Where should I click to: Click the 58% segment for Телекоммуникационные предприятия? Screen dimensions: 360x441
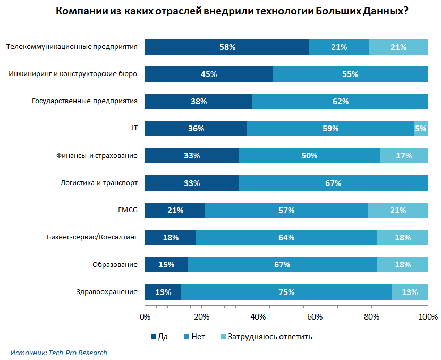(227, 47)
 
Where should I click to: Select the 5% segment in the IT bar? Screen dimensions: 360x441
(421, 128)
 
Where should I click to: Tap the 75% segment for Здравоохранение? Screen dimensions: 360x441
(286, 292)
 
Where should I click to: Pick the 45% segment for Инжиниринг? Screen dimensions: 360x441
(208, 74)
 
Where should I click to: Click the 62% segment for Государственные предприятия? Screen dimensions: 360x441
(340, 102)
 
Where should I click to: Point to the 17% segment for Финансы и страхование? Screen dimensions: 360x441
(404, 156)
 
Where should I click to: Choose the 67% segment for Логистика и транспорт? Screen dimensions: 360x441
(333, 183)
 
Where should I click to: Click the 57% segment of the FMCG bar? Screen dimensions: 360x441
(286, 211)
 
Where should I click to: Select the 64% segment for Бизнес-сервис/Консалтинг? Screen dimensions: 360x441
(286, 238)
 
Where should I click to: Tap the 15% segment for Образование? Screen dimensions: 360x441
(166, 265)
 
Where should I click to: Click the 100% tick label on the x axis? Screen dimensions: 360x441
(428, 317)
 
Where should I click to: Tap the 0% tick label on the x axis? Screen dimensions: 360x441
(145, 317)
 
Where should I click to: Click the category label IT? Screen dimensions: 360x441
(134, 128)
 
